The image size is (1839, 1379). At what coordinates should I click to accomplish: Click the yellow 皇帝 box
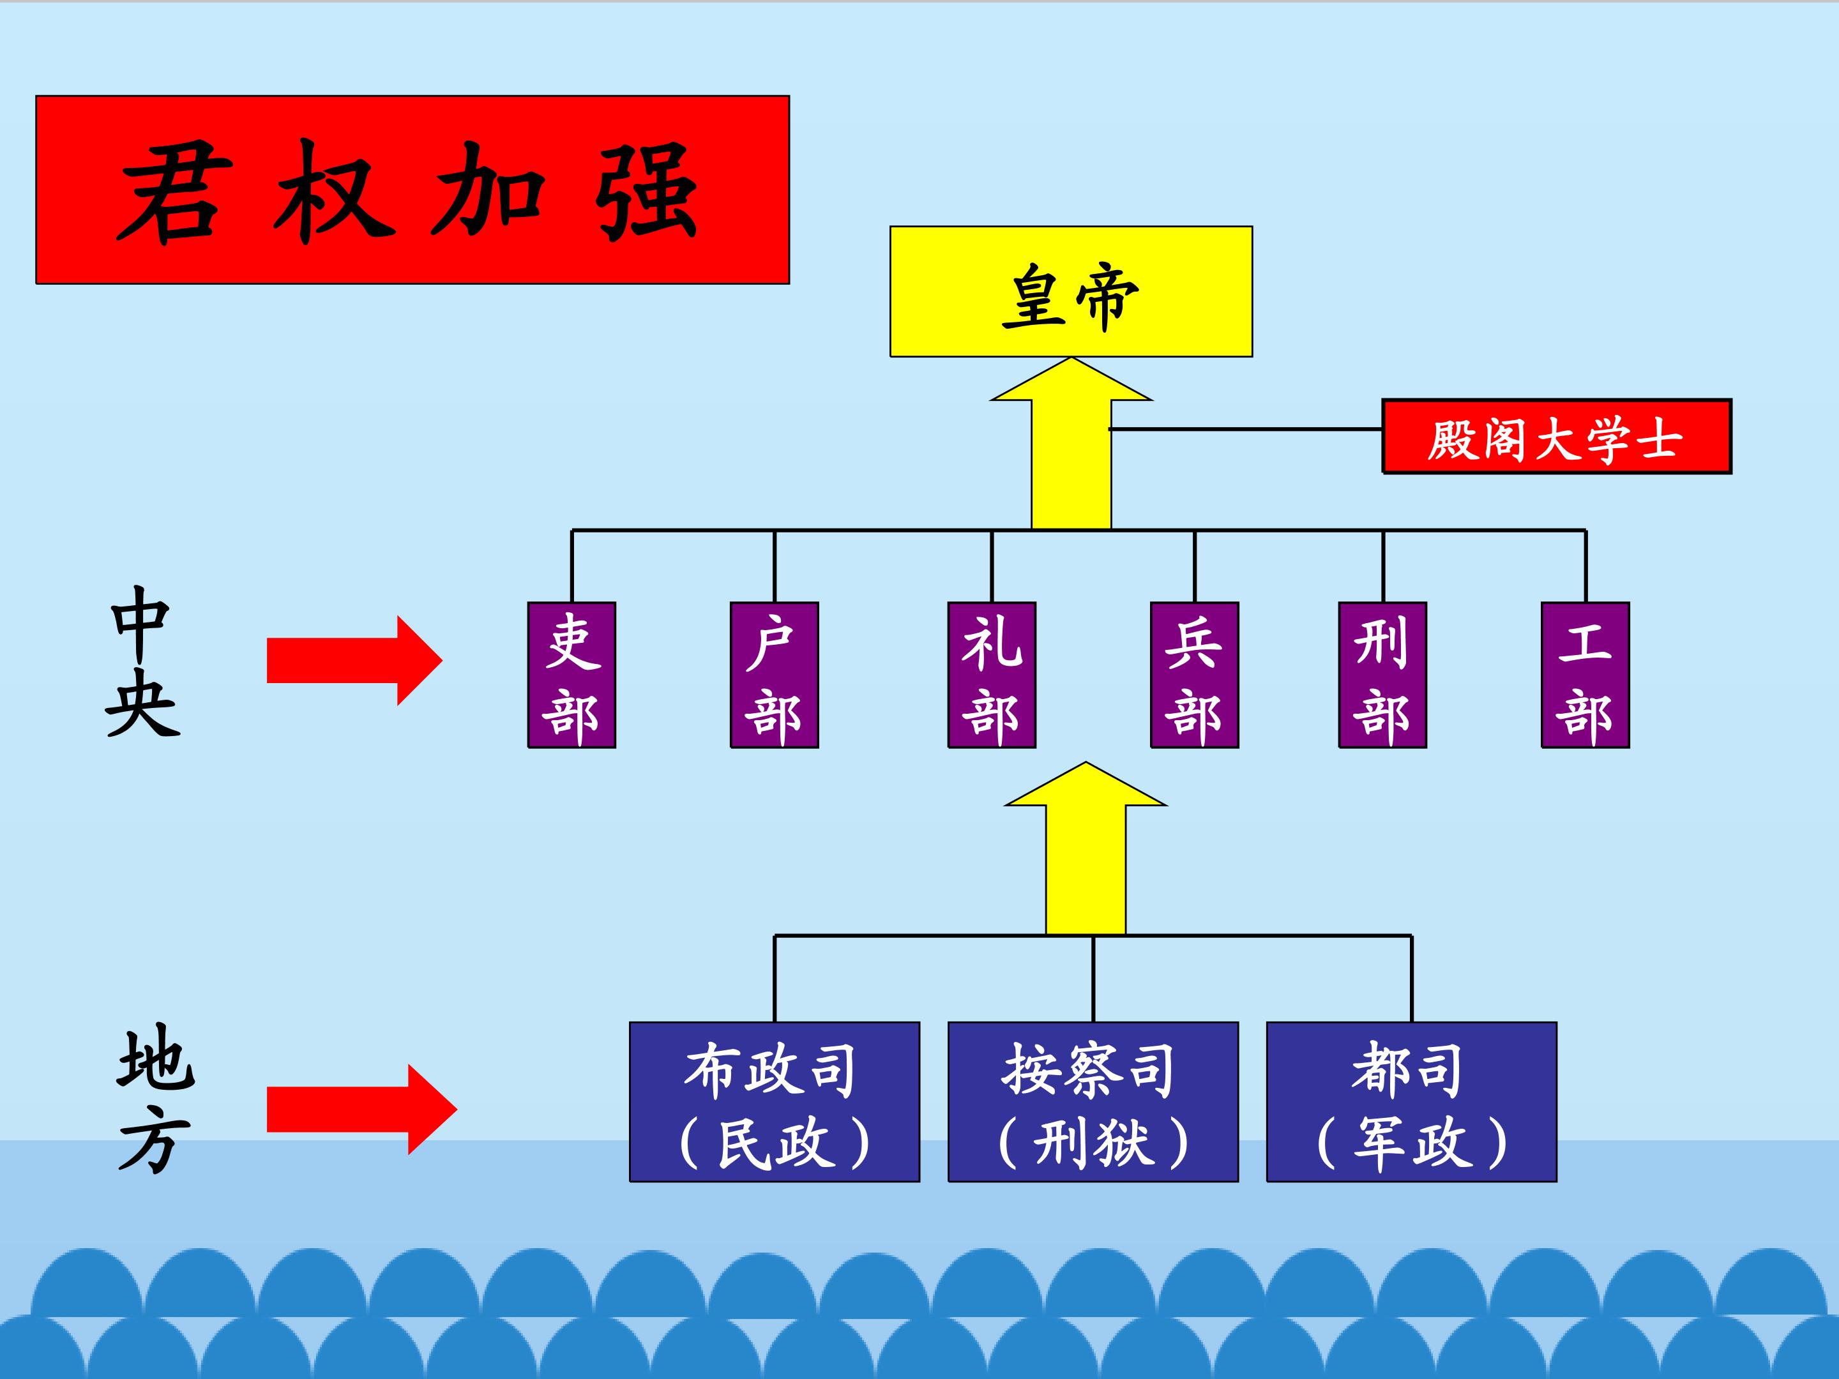[1071, 292]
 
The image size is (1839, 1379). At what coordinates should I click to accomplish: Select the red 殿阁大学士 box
[1556, 437]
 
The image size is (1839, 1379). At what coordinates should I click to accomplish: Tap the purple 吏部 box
[572, 675]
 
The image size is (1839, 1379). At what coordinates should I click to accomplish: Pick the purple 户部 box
[774, 675]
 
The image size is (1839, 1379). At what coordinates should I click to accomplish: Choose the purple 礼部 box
[992, 675]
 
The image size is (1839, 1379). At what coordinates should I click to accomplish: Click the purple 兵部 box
[1195, 675]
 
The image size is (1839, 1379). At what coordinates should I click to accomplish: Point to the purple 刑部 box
[1382, 675]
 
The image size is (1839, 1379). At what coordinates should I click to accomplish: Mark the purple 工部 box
[1585, 675]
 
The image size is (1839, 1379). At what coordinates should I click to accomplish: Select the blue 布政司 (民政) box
[774, 1101]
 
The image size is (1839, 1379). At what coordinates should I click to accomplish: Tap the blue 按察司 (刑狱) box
[1093, 1101]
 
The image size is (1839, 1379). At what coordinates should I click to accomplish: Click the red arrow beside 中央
[353, 661]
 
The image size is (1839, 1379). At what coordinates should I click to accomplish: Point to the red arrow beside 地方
[360, 1109]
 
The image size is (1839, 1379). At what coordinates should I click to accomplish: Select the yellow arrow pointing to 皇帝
[1071, 449]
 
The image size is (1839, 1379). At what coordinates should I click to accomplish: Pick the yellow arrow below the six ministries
[1086, 856]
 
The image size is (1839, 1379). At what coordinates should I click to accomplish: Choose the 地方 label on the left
[155, 1101]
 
